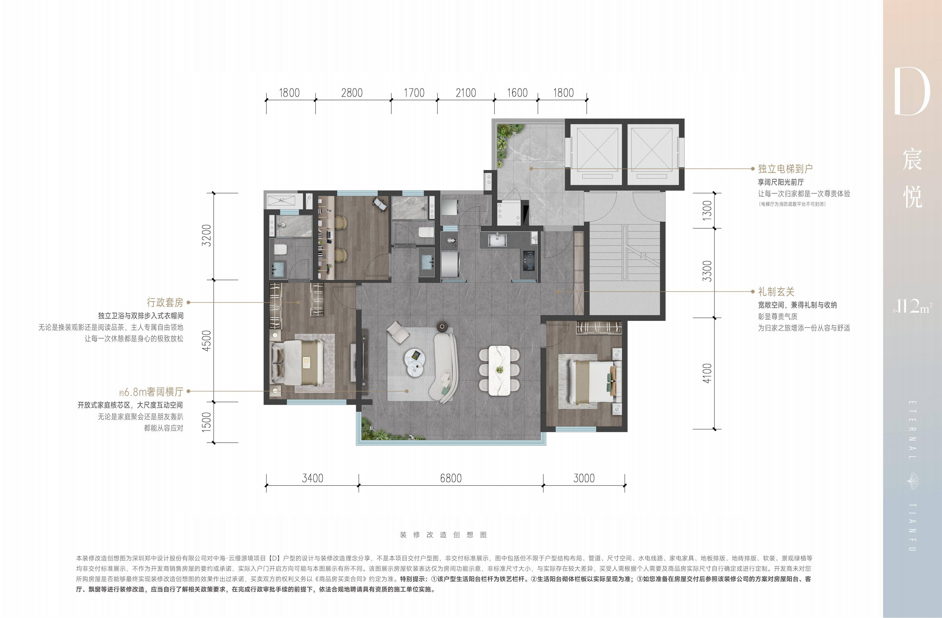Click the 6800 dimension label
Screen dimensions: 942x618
pos(451,478)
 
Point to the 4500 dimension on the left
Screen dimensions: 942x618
pos(207,341)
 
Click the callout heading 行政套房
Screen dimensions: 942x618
pos(165,302)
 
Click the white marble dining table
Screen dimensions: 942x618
pos(499,370)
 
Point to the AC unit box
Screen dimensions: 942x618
pos(282,200)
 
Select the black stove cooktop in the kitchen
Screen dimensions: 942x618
pos(529,261)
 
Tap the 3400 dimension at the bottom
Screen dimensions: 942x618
pos(313,478)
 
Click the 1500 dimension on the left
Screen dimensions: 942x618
pos(207,422)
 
